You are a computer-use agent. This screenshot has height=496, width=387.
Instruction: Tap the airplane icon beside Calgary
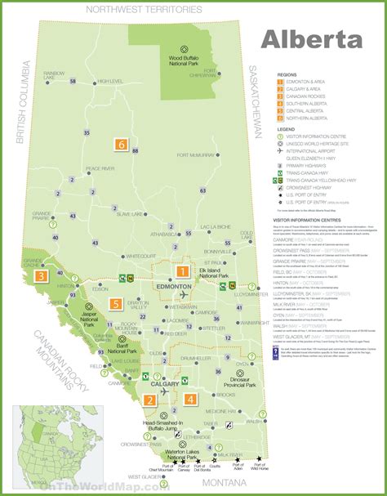(x=167, y=391)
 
